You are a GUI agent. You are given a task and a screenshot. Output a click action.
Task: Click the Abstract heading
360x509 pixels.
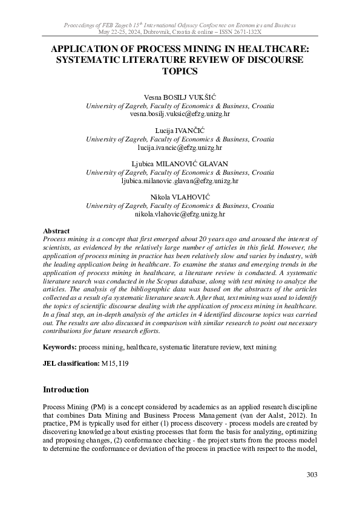tap(56, 231)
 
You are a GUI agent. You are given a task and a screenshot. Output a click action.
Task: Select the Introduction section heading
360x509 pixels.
tap(66, 389)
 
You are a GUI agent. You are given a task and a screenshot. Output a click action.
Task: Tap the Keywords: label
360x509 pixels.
tap(60, 348)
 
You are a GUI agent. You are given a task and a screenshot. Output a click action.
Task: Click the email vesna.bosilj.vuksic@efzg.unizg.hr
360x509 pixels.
tap(180, 114)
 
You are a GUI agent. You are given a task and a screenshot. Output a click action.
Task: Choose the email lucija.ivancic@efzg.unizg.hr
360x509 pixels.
tap(180, 147)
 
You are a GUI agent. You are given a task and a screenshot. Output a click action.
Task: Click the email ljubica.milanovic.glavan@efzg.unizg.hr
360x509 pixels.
tap(180, 180)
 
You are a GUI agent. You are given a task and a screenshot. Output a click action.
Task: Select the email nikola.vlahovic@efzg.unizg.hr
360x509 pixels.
tap(180, 213)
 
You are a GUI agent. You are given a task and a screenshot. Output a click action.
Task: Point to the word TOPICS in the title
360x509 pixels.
tap(180, 71)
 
